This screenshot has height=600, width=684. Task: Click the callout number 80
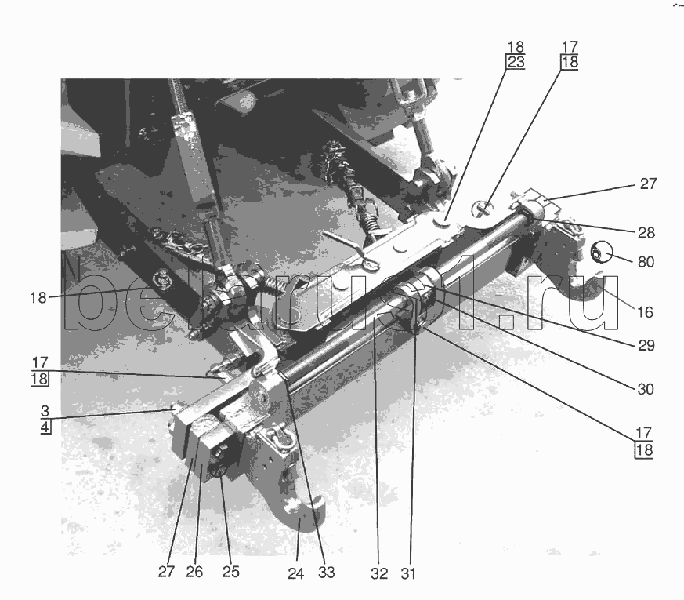click(646, 262)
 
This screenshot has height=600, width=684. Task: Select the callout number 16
click(645, 312)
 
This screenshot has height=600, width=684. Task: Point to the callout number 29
click(646, 345)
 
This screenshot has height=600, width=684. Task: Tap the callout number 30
click(646, 389)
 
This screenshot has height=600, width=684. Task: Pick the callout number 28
click(646, 233)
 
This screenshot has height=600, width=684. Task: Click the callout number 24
click(295, 573)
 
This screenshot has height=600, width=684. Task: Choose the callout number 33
click(326, 573)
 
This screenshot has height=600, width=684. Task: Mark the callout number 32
click(379, 573)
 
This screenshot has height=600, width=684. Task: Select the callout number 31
click(408, 573)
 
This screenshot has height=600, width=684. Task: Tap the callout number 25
click(231, 572)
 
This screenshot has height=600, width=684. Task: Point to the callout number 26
click(194, 572)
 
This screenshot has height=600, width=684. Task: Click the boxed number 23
click(516, 62)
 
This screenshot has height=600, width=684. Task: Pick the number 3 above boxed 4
click(45, 411)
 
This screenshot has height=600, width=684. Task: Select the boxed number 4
click(45, 427)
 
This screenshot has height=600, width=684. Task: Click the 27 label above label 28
click(648, 184)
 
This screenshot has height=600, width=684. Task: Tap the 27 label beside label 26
click(166, 572)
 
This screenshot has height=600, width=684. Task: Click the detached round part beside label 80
click(601, 253)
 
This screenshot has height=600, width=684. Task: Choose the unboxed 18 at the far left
click(38, 298)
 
